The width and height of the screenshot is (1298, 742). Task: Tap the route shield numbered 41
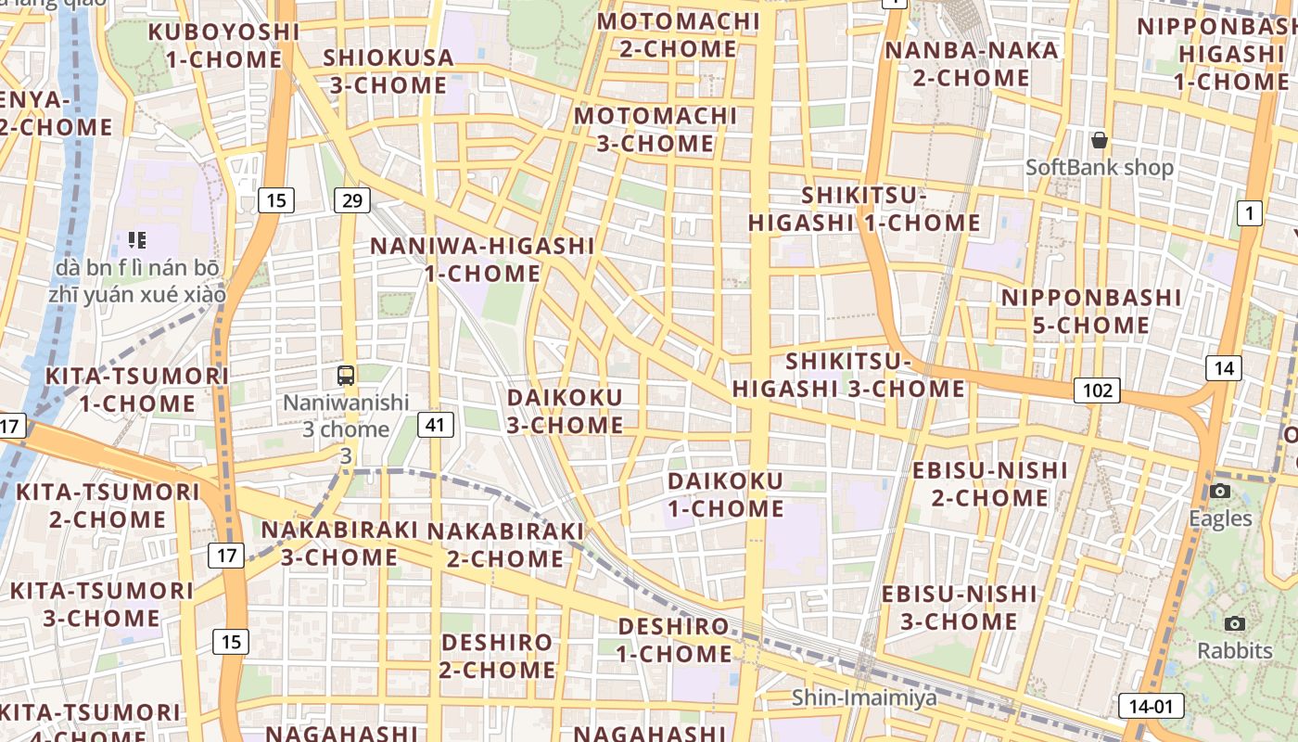[436, 425]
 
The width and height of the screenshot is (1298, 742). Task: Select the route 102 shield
[1097, 390]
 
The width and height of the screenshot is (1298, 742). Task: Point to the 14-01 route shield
[1151, 706]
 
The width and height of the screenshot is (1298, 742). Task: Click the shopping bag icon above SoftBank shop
[1099, 141]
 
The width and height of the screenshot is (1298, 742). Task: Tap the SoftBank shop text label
[1099, 168]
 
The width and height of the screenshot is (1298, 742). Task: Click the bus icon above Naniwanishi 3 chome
[346, 376]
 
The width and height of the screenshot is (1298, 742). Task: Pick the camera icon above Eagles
[1220, 491]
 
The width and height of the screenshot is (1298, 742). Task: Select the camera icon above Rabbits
[1234, 623]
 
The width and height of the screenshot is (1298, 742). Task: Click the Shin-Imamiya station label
[864, 697]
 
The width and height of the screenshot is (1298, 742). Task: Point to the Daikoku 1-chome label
[726, 494]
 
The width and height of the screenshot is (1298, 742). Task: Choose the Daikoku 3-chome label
[565, 411]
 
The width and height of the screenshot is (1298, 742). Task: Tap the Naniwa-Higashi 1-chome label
[482, 260]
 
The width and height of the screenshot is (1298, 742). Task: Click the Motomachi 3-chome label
[655, 130]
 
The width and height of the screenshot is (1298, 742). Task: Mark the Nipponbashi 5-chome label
[1091, 312]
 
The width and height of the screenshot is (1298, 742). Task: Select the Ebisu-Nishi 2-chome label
[990, 484]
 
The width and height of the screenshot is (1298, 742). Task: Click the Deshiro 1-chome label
[674, 640]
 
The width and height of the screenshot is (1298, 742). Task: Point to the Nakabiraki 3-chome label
[339, 544]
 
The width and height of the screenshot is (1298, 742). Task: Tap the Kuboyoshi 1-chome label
[223, 45]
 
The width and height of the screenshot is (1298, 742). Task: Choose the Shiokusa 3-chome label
[388, 71]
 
